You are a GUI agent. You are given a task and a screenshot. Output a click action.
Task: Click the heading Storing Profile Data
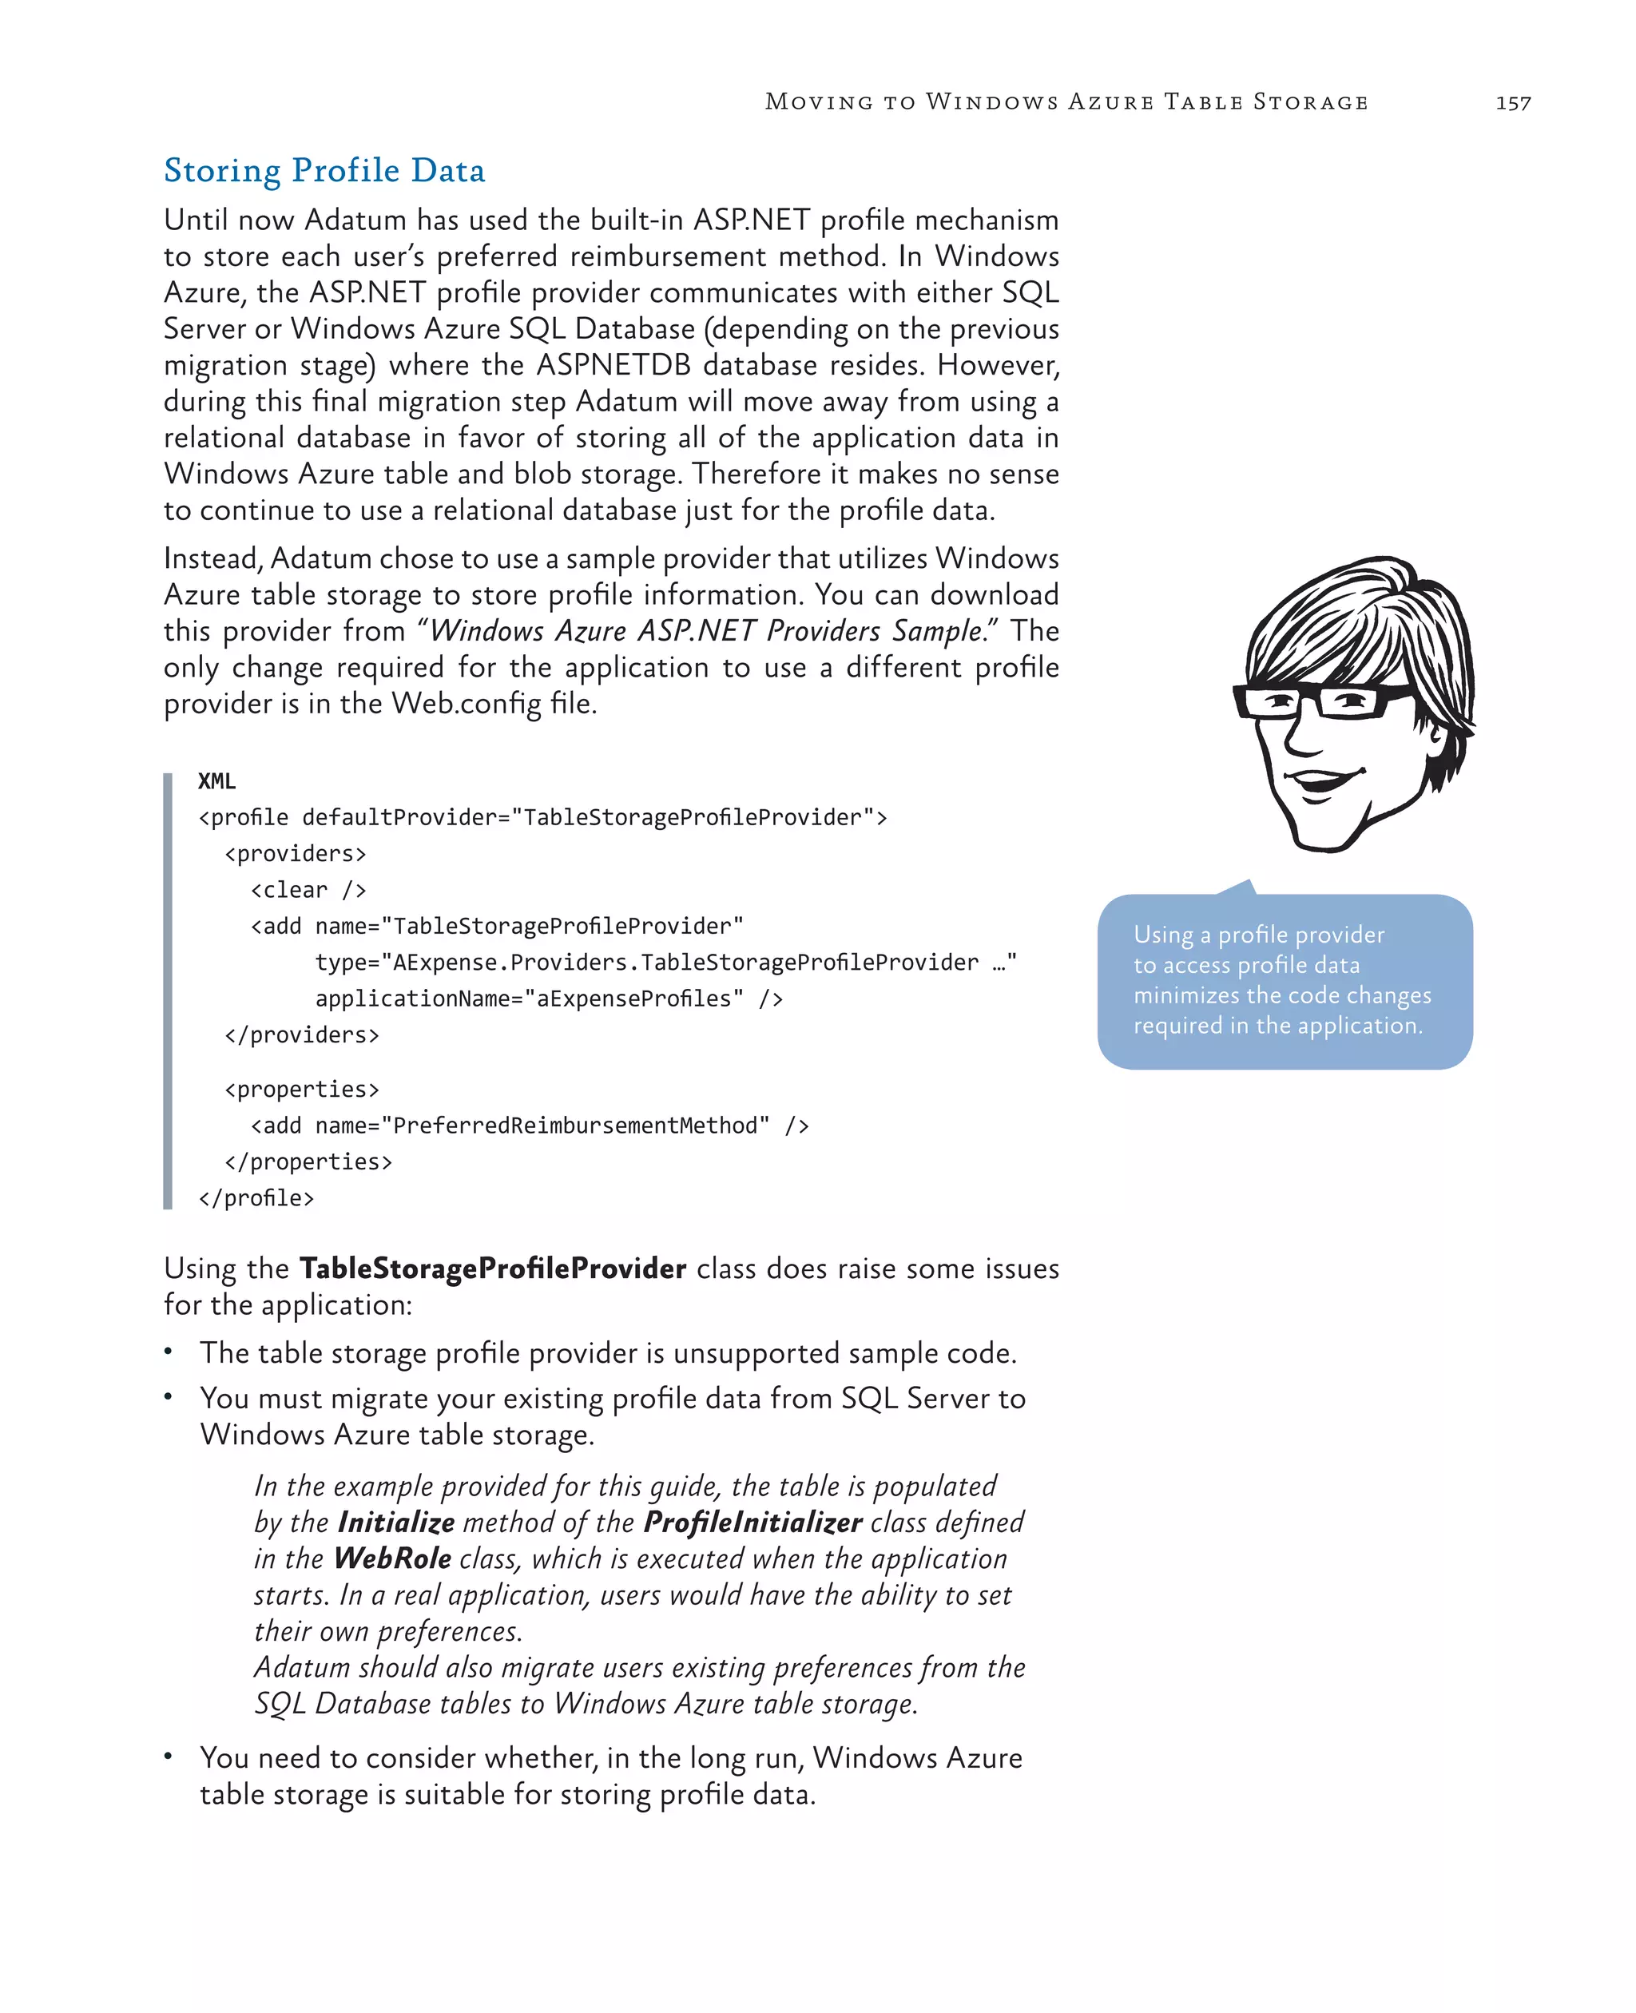[x=324, y=171]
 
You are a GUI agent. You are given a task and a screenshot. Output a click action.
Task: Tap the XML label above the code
[x=216, y=781]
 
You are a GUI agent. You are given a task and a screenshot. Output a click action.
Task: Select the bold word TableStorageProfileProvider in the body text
[x=493, y=1269]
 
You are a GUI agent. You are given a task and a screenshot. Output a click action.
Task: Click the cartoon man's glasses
[x=1320, y=701]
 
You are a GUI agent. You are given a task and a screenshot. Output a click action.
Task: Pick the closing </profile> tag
[x=256, y=1197]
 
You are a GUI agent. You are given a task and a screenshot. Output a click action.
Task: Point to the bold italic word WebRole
[x=393, y=1558]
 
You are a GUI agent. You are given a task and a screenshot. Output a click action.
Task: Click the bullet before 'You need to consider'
[x=169, y=1756]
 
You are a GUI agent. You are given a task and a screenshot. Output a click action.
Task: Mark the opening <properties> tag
[x=302, y=1090]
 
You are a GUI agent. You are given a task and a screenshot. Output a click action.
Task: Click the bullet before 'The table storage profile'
[x=169, y=1352]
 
